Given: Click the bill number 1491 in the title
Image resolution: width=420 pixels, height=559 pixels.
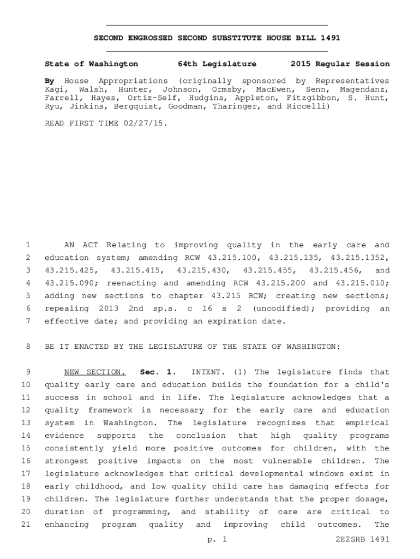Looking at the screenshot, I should (329, 38).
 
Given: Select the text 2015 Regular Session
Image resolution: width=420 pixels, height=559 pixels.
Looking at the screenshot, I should (340, 64).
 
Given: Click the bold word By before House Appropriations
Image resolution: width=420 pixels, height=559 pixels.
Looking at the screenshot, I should (50, 81).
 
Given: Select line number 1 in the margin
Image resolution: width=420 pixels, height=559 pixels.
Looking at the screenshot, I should (28, 245).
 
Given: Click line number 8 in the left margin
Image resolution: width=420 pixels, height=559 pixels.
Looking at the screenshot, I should (28, 347).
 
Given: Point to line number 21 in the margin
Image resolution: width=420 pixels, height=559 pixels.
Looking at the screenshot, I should (26, 525).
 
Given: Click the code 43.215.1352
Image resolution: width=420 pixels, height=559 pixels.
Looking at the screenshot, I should (360, 258).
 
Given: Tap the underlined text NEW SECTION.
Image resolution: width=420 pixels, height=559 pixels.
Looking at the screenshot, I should (94, 372).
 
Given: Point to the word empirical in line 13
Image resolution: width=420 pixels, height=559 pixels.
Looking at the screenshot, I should (367, 423).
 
